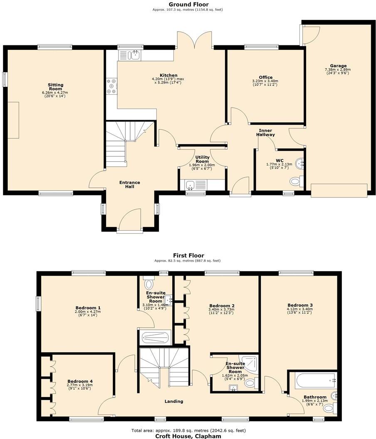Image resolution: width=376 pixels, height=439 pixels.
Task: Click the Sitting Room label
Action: click(55, 86)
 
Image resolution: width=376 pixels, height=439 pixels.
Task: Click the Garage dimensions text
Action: click(338, 72)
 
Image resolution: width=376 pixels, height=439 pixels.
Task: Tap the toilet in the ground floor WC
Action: click(296, 181)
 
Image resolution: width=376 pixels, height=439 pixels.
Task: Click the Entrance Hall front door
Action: click(130, 219)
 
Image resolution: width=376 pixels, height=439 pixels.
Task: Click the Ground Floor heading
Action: click(188, 4)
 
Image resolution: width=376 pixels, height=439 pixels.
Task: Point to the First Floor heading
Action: click(188, 255)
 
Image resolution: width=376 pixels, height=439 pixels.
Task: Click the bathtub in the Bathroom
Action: click(314, 379)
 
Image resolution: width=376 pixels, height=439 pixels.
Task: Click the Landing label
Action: click(174, 401)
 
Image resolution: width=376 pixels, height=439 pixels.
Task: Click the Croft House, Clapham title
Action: click(188, 436)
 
